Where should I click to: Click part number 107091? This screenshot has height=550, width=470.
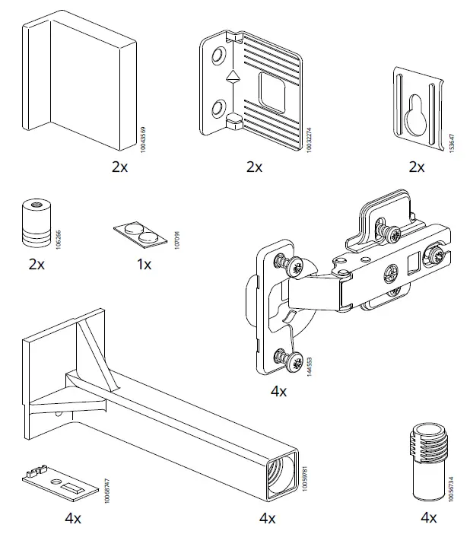176,243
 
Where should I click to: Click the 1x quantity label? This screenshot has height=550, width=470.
144,265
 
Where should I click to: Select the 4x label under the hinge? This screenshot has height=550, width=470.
278,392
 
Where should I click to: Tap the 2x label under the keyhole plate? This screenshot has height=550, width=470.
416,167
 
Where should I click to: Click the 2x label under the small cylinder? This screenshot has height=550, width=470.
36,265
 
